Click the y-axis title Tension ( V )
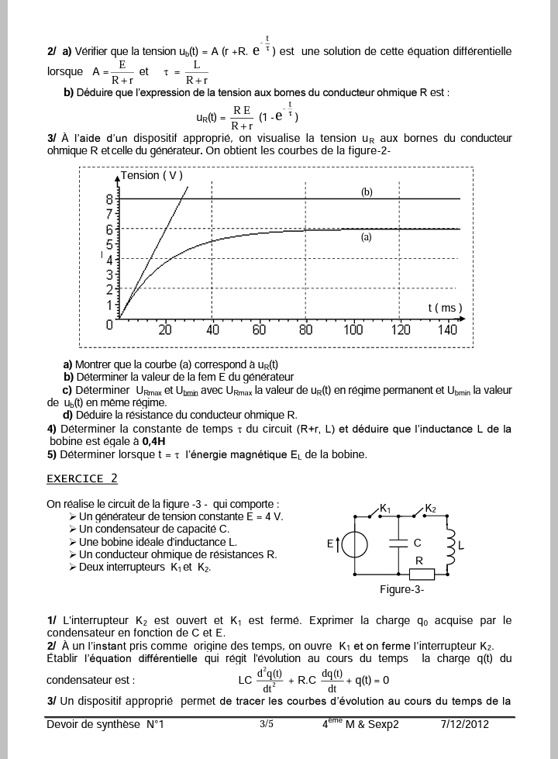[x=152, y=175]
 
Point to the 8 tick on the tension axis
[x=109, y=198]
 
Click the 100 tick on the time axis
[x=353, y=329]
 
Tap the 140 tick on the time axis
[x=447, y=329]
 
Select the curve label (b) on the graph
[x=367, y=191]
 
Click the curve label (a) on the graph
[x=367, y=238]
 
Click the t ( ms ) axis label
[x=445, y=308]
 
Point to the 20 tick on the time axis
[x=165, y=329]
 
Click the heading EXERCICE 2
[x=82, y=478]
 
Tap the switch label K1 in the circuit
[x=385, y=509]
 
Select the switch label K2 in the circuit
[x=431, y=509]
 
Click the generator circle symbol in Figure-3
[x=355, y=544]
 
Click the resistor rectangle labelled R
[x=422, y=575]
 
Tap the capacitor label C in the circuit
[x=417, y=543]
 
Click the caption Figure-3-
[x=401, y=590]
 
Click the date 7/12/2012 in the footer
[x=465, y=724]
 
